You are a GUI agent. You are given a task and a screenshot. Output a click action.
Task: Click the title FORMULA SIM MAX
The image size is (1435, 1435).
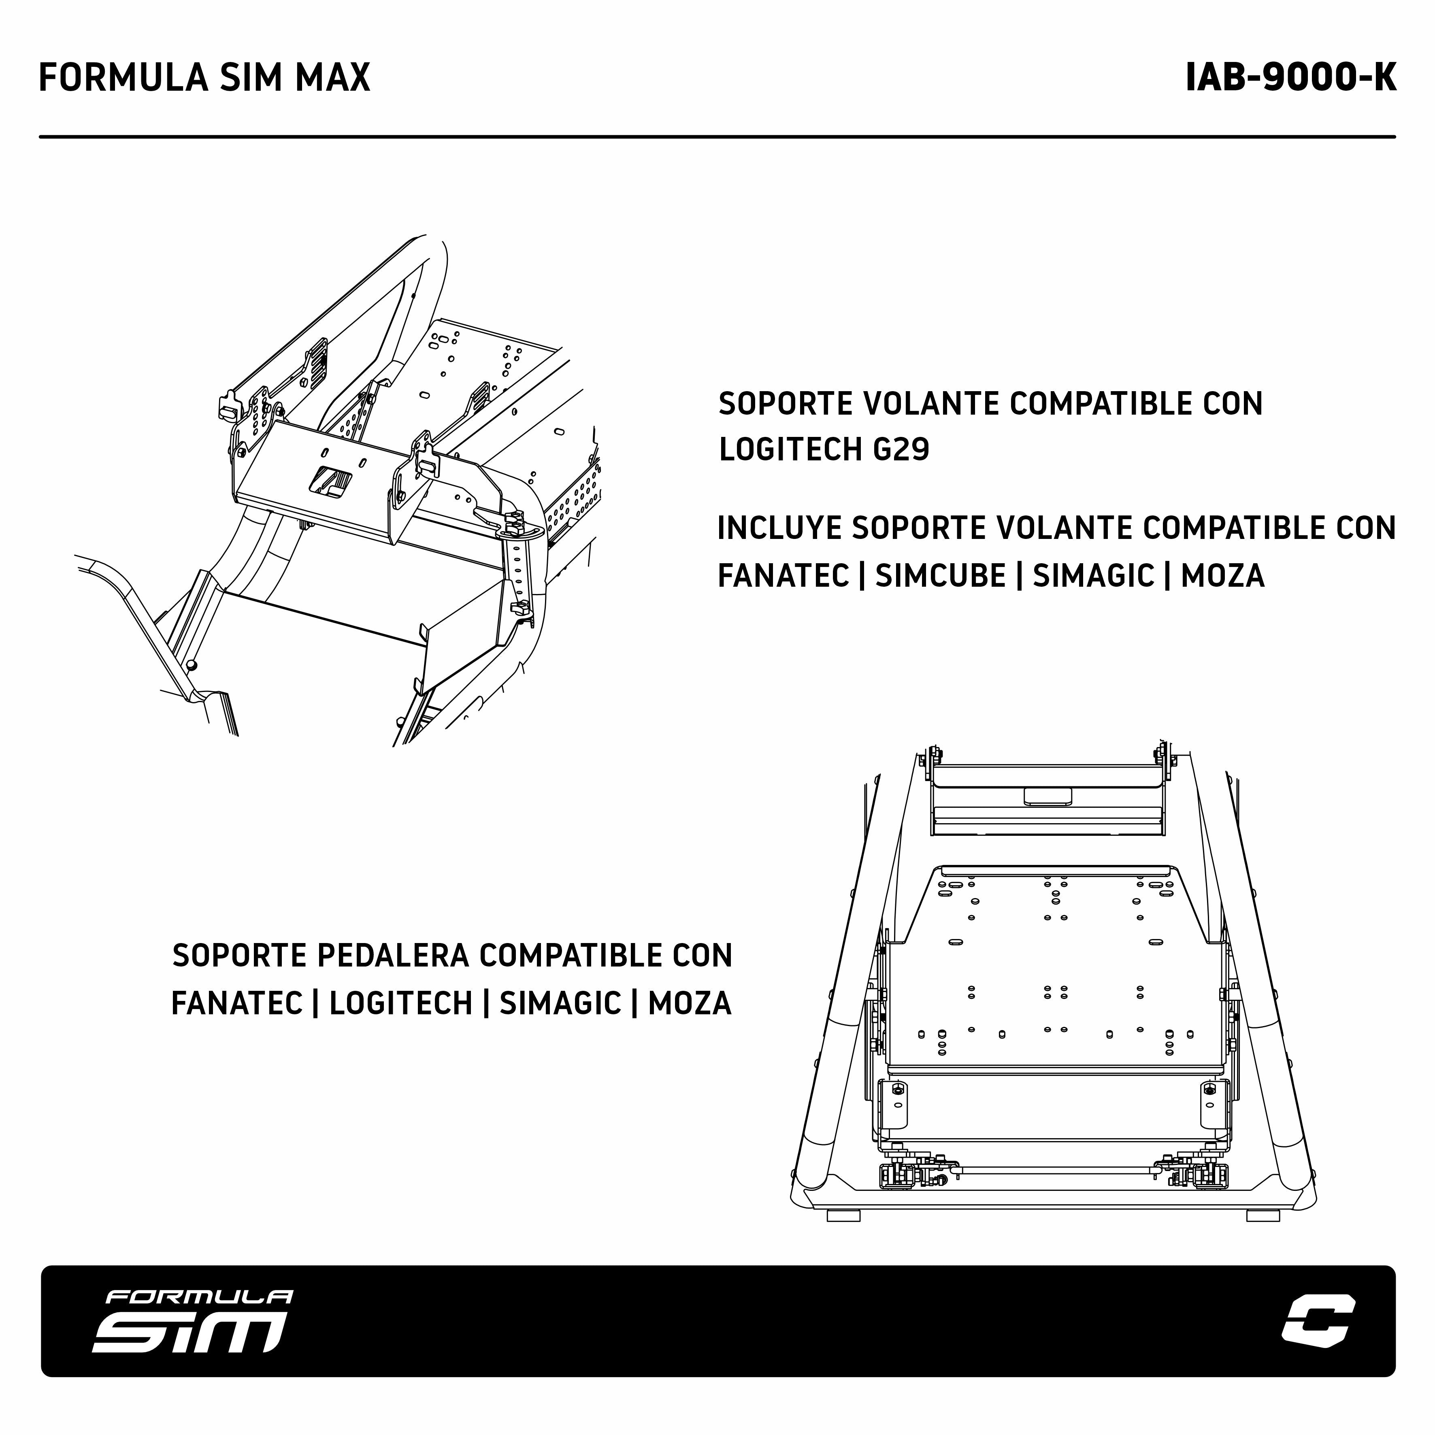click(x=204, y=77)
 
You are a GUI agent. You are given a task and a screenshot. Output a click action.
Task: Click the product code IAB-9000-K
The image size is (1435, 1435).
click(x=1291, y=77)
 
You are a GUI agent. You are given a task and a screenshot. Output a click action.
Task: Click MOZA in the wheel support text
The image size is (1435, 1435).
click(x=1222, y=576)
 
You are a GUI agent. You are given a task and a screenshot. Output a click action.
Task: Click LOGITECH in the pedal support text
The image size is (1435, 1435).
click(x=401, y=1003)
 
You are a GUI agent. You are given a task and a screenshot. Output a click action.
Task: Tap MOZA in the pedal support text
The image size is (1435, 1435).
click(x=690, y=1003)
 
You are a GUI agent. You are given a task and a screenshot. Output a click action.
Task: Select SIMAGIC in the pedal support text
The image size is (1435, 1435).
click(x=560, y=1003)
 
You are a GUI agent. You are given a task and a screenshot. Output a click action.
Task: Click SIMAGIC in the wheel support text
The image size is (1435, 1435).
click(x=1093, y=576)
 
